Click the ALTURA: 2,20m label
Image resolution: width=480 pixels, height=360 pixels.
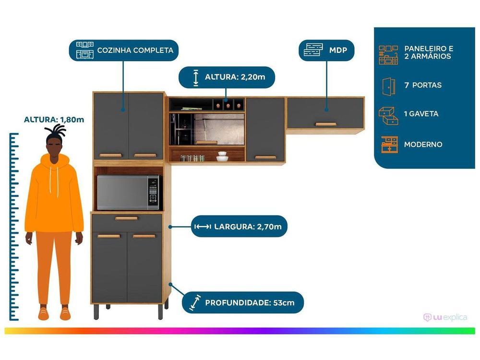click(233, 77)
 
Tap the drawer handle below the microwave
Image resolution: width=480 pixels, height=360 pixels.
click(126, 218)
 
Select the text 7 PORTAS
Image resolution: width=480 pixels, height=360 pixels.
click(422, 85)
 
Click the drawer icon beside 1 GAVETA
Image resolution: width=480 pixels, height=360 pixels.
click(388, 115)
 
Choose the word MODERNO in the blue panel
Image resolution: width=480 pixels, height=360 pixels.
click(423, 144)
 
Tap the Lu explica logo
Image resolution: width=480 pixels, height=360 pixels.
click(445, 317)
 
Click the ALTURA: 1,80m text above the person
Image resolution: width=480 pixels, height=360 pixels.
click(54, 120)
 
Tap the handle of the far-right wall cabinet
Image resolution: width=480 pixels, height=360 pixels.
click(325, 124)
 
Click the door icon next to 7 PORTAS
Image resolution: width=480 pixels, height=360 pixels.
click(388, 85)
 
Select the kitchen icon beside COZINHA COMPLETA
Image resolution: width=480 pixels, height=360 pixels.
click(84, 50)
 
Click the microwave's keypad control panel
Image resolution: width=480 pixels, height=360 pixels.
click(153, 192)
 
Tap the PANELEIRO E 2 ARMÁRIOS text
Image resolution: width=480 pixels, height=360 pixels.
click(428, 52)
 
